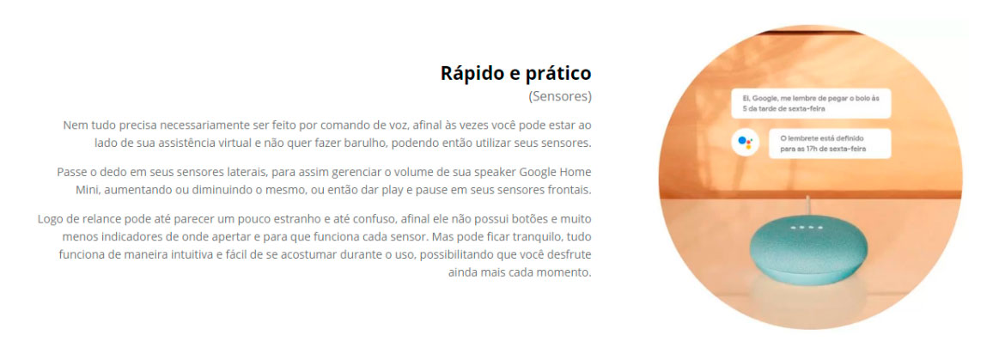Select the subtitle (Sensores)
coord(559,97)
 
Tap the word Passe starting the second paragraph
coord(71,173)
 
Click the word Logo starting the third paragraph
coord(49,220)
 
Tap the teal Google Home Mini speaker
coord(809,247)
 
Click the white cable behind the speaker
coord(808,205)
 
